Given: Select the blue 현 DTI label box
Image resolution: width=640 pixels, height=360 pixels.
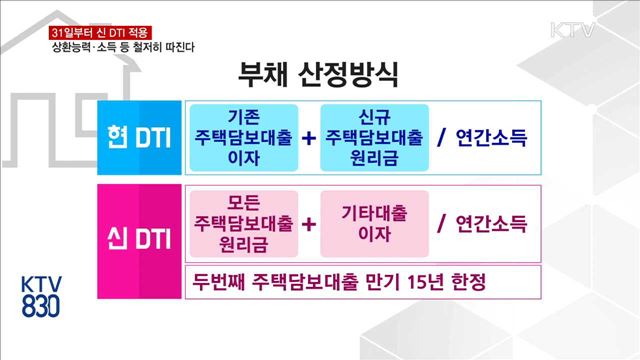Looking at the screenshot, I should click(x=139, y=138).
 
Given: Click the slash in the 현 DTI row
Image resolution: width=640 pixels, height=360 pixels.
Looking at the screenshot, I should click(x=441, y=137).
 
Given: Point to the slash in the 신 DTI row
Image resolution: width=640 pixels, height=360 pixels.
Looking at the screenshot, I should click(x=441, y=223).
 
